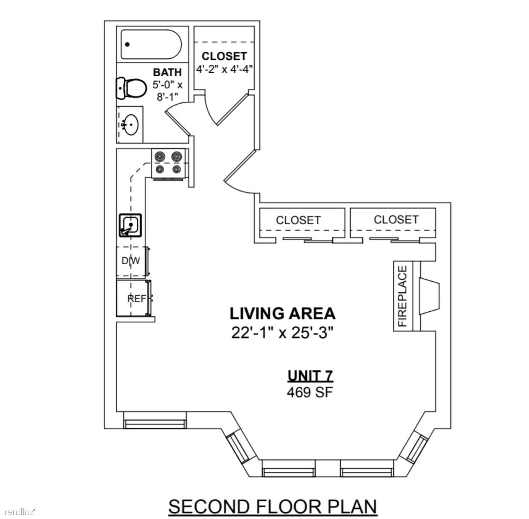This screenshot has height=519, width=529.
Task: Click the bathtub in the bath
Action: pyautogui.click(x=151, y=44)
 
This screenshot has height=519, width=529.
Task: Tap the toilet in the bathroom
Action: pyautogui.click(x=131, y=88)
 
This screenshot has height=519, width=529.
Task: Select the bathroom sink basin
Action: pyautogui.click(x=131, y=125)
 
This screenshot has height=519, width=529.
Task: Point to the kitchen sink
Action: pyautogui.click(x=130, y=225)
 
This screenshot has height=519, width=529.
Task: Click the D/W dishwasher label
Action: pyautogui.click(x=131, y=261)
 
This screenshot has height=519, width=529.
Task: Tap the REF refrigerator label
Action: pyautogui.click(x=136, y=298)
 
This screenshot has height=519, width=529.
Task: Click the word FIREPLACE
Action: pyautogui.click(x=402, y=296)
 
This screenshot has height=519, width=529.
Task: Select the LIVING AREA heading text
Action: pyautogui.click(x=282, y=313)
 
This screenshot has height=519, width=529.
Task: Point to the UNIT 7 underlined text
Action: pyautogui.click(x=310, y=376)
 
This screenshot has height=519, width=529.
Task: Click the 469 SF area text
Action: pyautogui.click(x=310, y=392)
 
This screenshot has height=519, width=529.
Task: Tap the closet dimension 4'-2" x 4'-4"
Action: pyautogui.click(x=224, y=69)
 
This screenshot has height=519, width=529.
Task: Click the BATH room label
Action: pyautogui.click(x=167, y=72)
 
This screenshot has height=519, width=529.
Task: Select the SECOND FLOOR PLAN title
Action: pyautogui.click(x=273, y=506)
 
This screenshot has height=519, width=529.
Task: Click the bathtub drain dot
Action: pyautogui.click(x=127, y=44)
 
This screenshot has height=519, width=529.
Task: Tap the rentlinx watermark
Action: pyautogui.click(x=18, y=511)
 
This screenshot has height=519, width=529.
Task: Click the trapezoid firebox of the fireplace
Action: pyautogui.click(x=430, y=296)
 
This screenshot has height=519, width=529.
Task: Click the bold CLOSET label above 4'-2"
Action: pyautogui.click(x=224, y=56)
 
